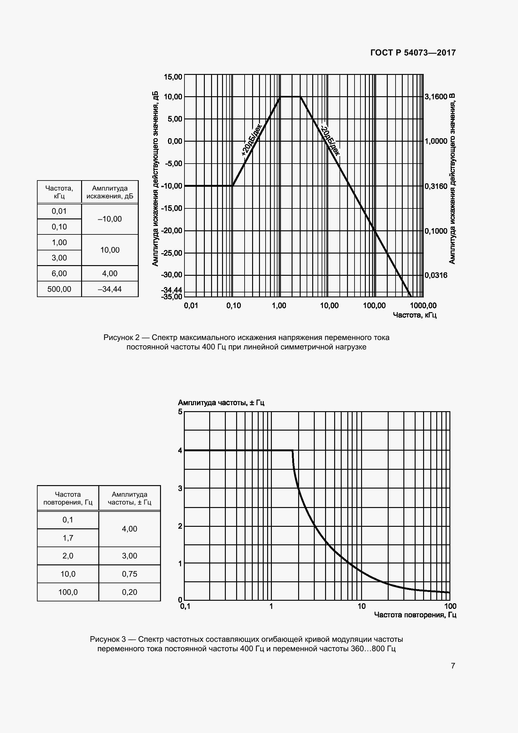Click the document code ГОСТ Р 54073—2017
[x=413, y=53]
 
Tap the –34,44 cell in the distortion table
[x=110, y=289]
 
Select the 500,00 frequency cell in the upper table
[x=59, y=289]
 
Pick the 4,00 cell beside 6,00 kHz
[x=110, y=273]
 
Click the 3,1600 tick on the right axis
[x=436, y=97]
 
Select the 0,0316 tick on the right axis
[x=436, y=275]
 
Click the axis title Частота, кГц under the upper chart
[x=415, y=315]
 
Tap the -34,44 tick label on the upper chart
[x=172, y=290]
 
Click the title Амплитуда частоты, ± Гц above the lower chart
[x=221, y=403]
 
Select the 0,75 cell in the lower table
[x=130, y=574]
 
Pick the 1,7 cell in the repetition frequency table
[x=68, y=538]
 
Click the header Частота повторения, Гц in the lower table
[x=68, y=498]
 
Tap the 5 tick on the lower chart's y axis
[x=180, y=412]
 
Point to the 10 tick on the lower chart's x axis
[x=361, y=606]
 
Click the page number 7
[x=453, y=666]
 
